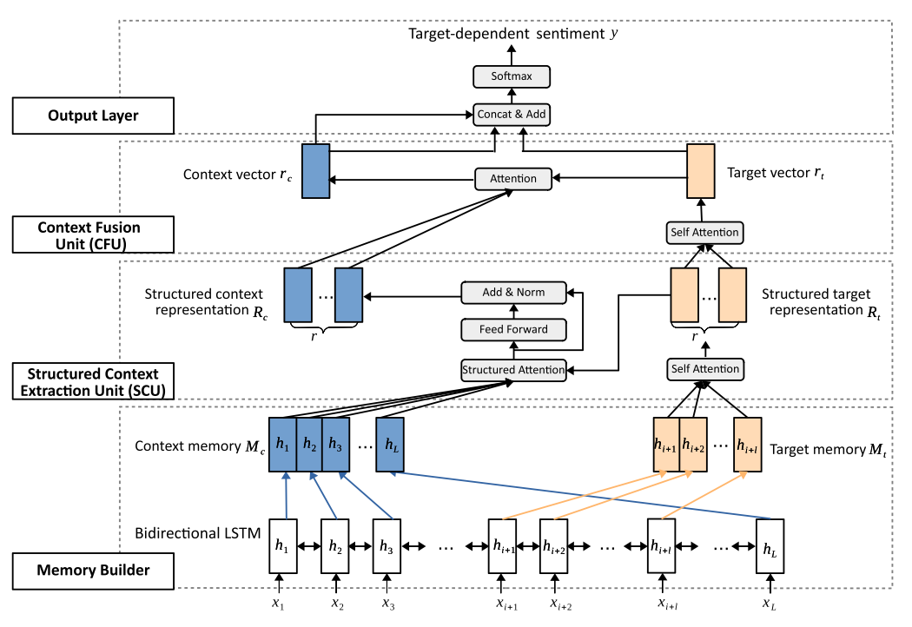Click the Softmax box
(x=512, y=76)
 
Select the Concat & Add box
(x=512, y=114)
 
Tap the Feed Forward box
(x=512, y=329)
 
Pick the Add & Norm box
(x=513, y=292)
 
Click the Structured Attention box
(x=512, y=369)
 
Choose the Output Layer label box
(x=93, y=115)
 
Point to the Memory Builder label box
(x=93, y=570)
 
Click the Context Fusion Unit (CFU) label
(x=93, y=234)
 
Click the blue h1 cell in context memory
(x=282, y=444)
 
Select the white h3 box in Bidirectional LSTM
(x=387, y=544)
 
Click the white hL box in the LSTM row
(x=770, y=544)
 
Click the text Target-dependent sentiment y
(x=512, y=35)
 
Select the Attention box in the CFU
(x=512, y=179)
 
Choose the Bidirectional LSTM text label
(x=198, y=532)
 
